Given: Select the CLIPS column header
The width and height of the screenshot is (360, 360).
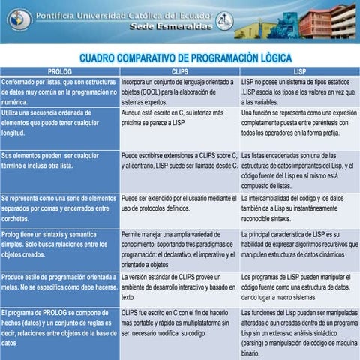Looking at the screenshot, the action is pyautogui.click(x=179, y=70).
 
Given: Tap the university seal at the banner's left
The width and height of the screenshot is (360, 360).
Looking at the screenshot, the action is pyautogui.click(x=19, y=19).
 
